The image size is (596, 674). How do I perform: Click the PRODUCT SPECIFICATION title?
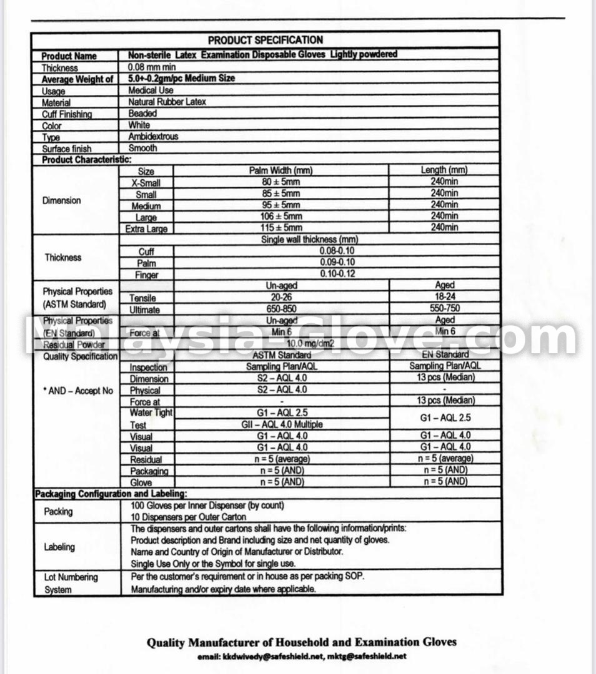pyautogui.click(x=266, y=41)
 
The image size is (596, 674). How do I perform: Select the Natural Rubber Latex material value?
pyautogui.click(x=167, y=102)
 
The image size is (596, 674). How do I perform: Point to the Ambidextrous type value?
pyautogui.click(x=153, y=137)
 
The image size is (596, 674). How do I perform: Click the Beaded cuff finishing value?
pyautogui.click(x=142, y=114)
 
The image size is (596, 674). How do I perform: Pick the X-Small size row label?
pyautogui.click(x=146, y=183)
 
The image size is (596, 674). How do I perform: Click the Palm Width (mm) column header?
pyautogui.click(x=281, y=170)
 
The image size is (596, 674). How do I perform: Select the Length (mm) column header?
pyautogui.click(x=444, y=170)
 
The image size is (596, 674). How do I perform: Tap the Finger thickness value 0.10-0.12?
pyautogui.click(x=337, y=274)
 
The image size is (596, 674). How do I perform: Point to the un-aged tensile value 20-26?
pyautogui.click(x=281, y=298)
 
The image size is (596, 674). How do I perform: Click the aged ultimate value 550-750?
pyautogui.click(x=445, y=309)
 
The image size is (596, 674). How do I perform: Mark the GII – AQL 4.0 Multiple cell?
pyautogui.click(x=281, y=424)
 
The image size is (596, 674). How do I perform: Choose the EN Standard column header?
pyautogui.click(x=445, y=354)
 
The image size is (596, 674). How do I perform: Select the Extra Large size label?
pyautogui.click(x=146, y=229)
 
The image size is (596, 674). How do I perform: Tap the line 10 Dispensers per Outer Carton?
pyautogui.click(x=188, y=517)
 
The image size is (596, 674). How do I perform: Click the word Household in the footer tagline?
pyautogui.click(x=299, y=642)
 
